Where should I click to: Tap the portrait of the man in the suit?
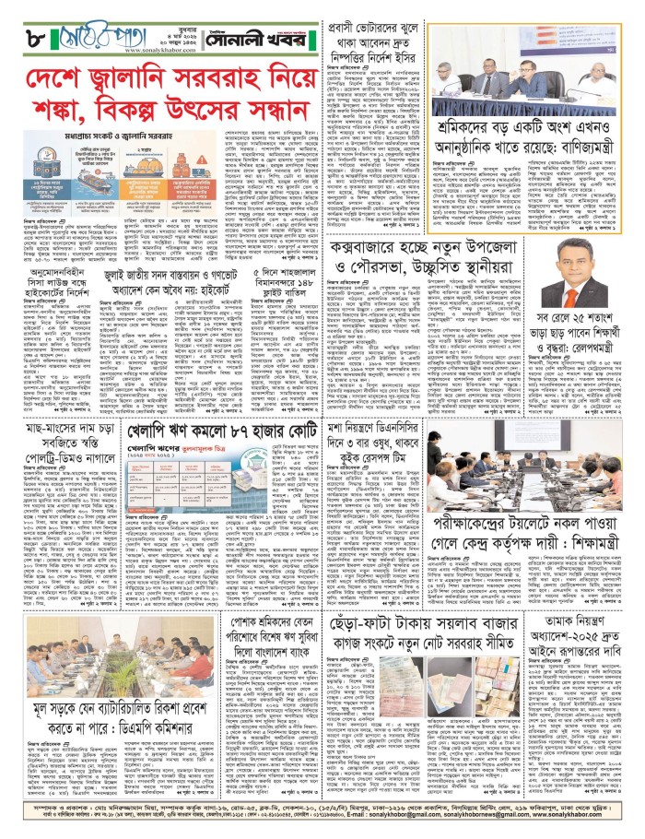click(580, 295)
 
